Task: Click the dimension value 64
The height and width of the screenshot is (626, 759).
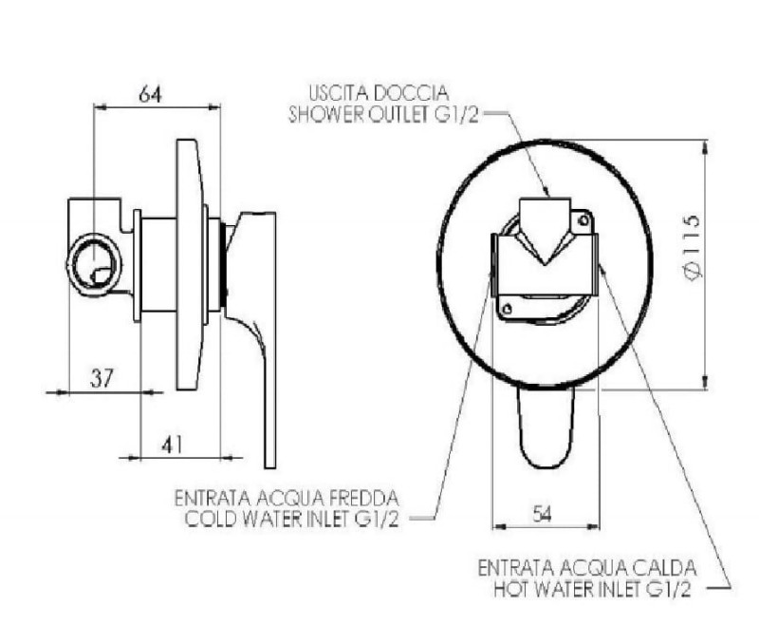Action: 150,93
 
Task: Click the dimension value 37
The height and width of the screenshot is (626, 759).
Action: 102,377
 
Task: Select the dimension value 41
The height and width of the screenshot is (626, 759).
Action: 173,444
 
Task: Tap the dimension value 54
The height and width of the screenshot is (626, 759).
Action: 542,513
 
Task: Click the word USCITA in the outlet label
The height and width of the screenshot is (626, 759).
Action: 335,92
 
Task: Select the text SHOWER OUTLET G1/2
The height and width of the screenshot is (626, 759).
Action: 383,114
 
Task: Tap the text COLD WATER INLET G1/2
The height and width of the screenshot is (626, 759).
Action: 292,520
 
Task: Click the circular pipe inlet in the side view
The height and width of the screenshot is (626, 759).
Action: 94,264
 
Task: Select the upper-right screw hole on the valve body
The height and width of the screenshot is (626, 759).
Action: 583,221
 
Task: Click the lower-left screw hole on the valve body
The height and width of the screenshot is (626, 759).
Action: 508,308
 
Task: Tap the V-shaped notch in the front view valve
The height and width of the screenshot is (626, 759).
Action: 545,247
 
